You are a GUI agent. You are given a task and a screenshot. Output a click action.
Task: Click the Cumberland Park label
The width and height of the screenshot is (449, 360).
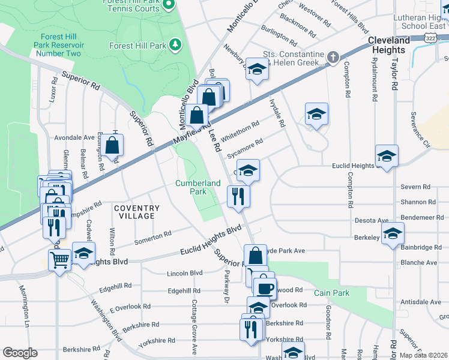tap(191, 187)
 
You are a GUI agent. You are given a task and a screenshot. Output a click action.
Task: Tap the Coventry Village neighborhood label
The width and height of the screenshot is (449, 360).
tap(135, 211)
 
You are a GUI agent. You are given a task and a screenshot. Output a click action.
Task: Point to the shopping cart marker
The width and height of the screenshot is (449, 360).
tap(59, 260)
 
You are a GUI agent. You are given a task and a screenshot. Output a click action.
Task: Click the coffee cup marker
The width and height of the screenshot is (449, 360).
tap(265, 288)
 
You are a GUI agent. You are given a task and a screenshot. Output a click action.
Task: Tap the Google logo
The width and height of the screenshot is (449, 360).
tap(20, 353)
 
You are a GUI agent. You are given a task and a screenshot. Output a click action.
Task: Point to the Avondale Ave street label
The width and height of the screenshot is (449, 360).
tap(75, 137)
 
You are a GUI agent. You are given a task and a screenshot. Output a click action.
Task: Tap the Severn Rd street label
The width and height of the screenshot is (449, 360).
tap(414, 187)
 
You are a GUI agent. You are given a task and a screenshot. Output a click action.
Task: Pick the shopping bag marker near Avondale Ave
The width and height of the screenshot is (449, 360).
tap(112, 145)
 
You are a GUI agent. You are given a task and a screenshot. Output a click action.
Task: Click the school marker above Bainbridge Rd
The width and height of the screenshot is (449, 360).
tap(393, 233)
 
